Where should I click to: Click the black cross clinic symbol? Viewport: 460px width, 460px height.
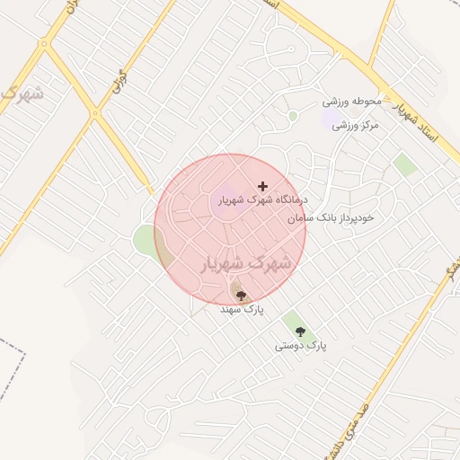pos(262,185)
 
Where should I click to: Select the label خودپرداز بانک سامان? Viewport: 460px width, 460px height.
pos(331,217)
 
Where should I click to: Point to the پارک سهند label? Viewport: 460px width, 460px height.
pos(243,308)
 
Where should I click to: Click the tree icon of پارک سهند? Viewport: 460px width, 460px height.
pos(240,294)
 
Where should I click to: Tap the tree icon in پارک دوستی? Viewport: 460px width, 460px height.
pos(300,332)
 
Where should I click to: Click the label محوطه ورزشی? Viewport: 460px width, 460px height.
pos(354,101)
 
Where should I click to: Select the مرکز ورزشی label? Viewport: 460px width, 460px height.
pos(357,125)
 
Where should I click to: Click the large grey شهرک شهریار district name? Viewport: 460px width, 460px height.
pos(243,263)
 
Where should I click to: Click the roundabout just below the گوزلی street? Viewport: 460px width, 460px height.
pos(95,113)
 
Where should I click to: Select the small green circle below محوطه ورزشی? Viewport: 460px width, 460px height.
pos(293,116)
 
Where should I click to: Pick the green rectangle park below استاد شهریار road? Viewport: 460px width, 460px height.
pos(405,164)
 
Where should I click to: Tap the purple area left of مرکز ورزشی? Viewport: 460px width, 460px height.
pos(332,119)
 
